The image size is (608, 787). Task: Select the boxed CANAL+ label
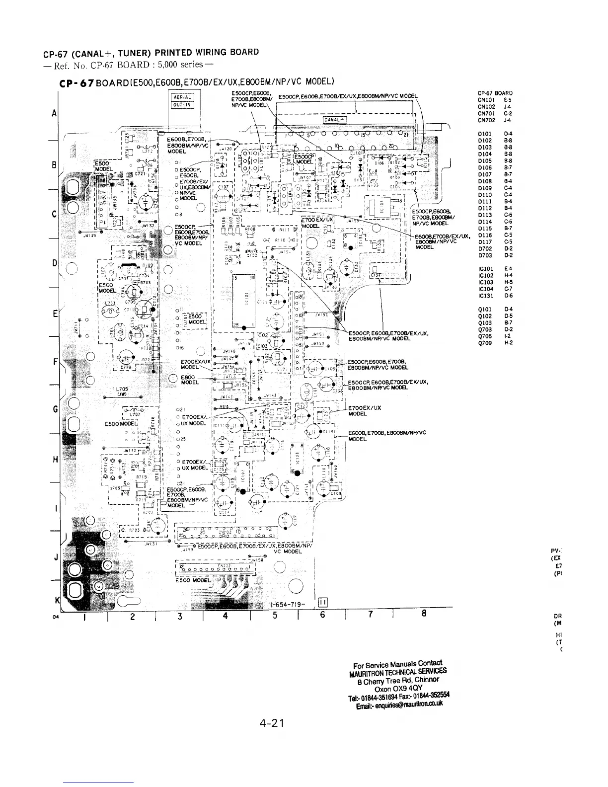click(335, 119)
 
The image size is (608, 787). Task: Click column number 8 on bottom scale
click(424, 614)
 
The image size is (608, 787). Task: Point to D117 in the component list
click(485, 242)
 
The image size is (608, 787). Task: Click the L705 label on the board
click(122, 389)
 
